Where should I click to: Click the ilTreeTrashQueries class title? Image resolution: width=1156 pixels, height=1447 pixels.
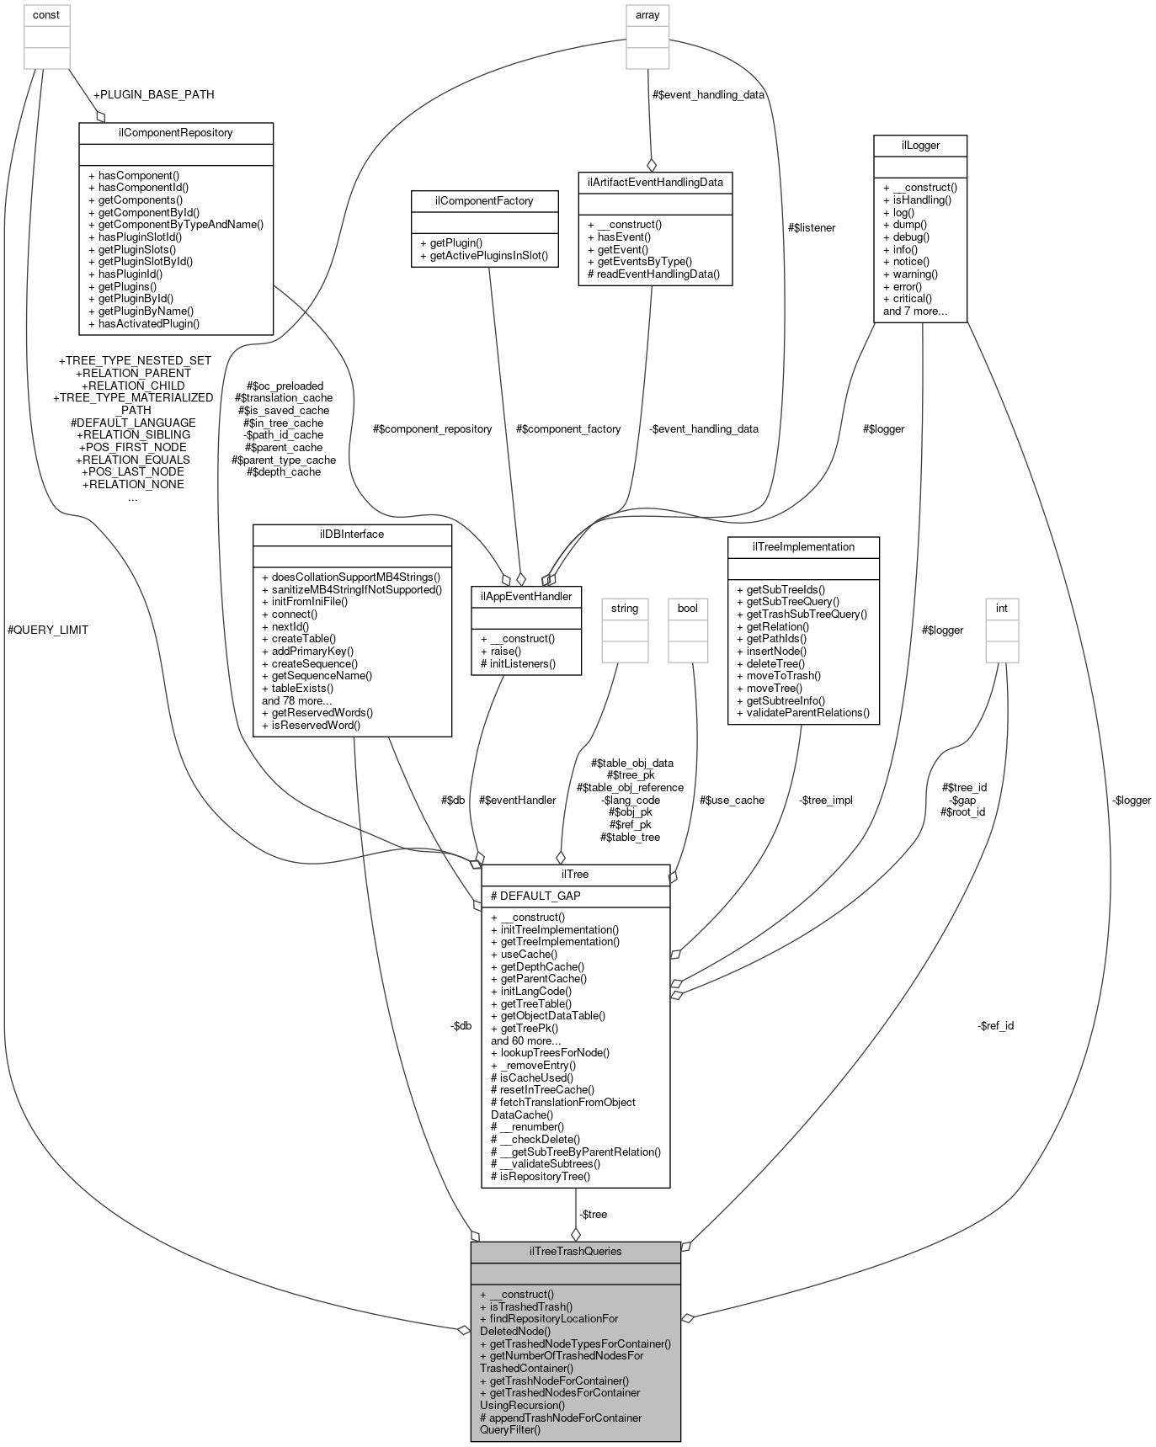tap(575, 1251)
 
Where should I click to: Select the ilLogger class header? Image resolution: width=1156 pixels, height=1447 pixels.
tap(919, 146)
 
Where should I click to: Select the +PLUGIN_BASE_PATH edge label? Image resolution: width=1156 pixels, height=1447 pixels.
tap(153, 94)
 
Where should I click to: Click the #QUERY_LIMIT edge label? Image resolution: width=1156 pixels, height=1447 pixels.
tap(47, 630)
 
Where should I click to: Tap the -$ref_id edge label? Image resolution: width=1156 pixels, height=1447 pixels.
tap(995, 1025)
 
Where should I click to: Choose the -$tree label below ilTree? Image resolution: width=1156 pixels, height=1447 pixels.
tap(592, 1214)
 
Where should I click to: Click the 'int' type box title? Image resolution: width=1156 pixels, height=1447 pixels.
tap(1002, 608)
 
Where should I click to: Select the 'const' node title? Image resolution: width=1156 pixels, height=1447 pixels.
tap(46, 14)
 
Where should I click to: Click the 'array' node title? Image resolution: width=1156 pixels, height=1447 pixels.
tap(647, 14)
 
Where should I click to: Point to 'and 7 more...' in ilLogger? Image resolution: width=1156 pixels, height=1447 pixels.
tap(915, 311)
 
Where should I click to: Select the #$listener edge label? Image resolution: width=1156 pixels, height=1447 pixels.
tap(812, 227)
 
